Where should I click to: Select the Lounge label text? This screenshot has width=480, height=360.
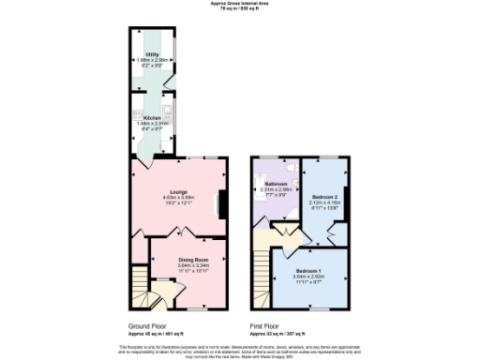(178, 191)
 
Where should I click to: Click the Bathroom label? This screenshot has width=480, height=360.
(275, 183)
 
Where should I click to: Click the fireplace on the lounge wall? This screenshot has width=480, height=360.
(221, 202)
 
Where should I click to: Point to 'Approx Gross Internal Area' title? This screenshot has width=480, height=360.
(240, 3)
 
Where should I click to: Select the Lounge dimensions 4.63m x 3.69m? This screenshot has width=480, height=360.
(178, 197)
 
